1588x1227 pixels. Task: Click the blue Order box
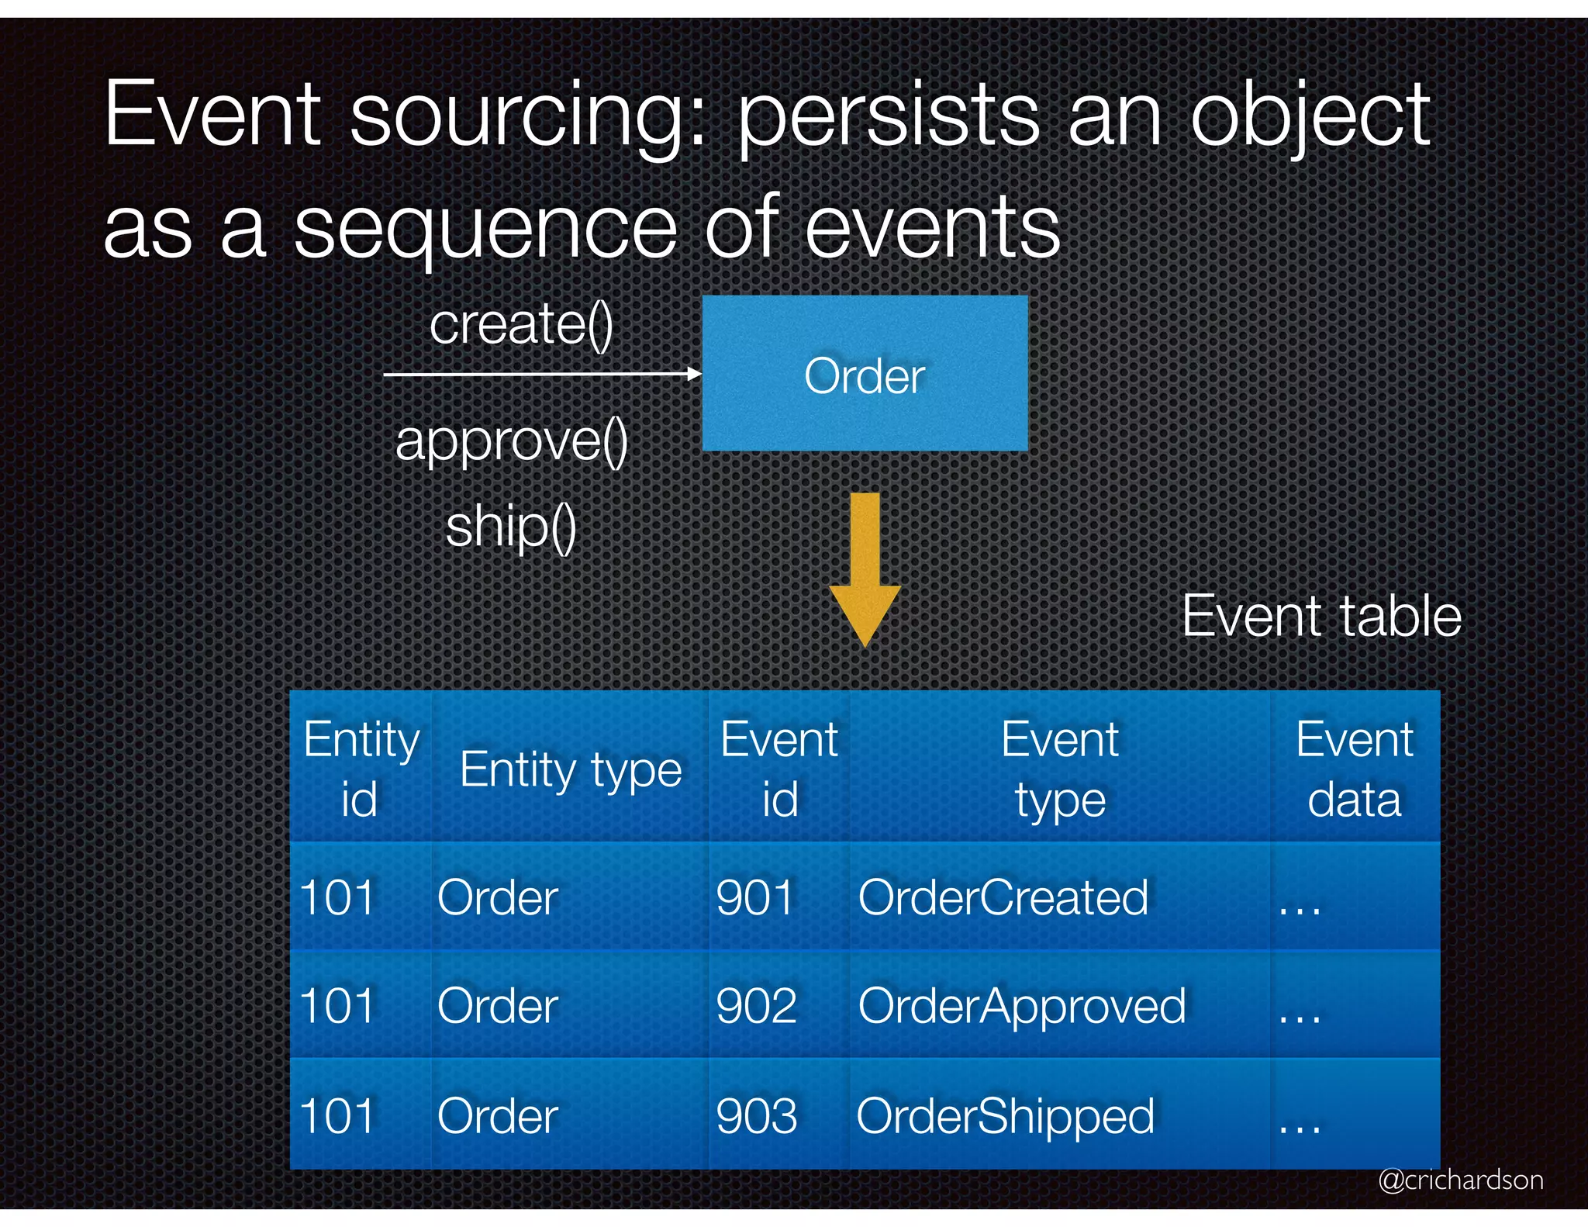(x=865, y=373)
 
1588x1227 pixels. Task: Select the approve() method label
(x=512, y=441)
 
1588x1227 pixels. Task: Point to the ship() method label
(x=511, y=527)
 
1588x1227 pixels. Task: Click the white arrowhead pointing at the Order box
(x=695, y=374)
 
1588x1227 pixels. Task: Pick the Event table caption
(x=1321, y=617)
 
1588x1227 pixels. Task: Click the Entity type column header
(x=571, y=770)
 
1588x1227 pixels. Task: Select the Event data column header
(x=1355, y=769)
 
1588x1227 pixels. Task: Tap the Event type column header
(x=1060, y=769)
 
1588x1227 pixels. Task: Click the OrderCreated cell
(x=1003, y=897)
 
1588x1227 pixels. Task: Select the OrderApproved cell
(x=1022, y=1006)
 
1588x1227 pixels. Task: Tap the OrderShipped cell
(x=1006, y=1116)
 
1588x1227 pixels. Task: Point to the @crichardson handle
(x=1461, y=1180)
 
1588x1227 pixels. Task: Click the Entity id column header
(x=361, y=769)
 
